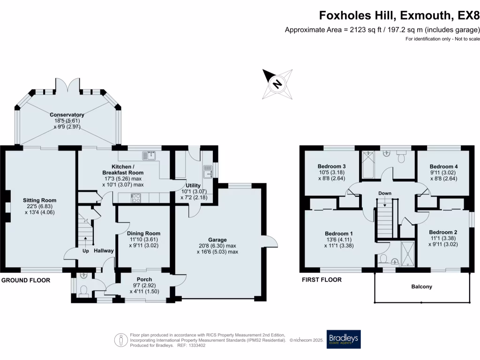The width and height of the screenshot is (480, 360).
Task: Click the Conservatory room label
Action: click(x=68, y=115)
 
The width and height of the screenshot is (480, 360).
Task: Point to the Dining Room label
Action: click(x=143, y=233)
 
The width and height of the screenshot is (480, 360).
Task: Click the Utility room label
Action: click(x=193, y=186)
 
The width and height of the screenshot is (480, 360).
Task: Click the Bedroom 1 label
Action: click(x=338, y=233)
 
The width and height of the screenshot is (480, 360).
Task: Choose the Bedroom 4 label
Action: click(x=443, y=166)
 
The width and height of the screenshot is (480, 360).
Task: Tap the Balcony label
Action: click(x=421, y=286)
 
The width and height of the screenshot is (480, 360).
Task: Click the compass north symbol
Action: click(x=277, y=84)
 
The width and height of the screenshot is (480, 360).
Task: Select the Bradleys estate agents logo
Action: click(x=344, y=339)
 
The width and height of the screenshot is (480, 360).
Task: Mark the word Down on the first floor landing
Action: click(x=385, y=193)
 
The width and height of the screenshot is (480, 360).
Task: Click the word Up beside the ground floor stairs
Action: click(x=85, y=251)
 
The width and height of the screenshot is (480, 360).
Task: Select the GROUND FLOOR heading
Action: click(x=25, y=280)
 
